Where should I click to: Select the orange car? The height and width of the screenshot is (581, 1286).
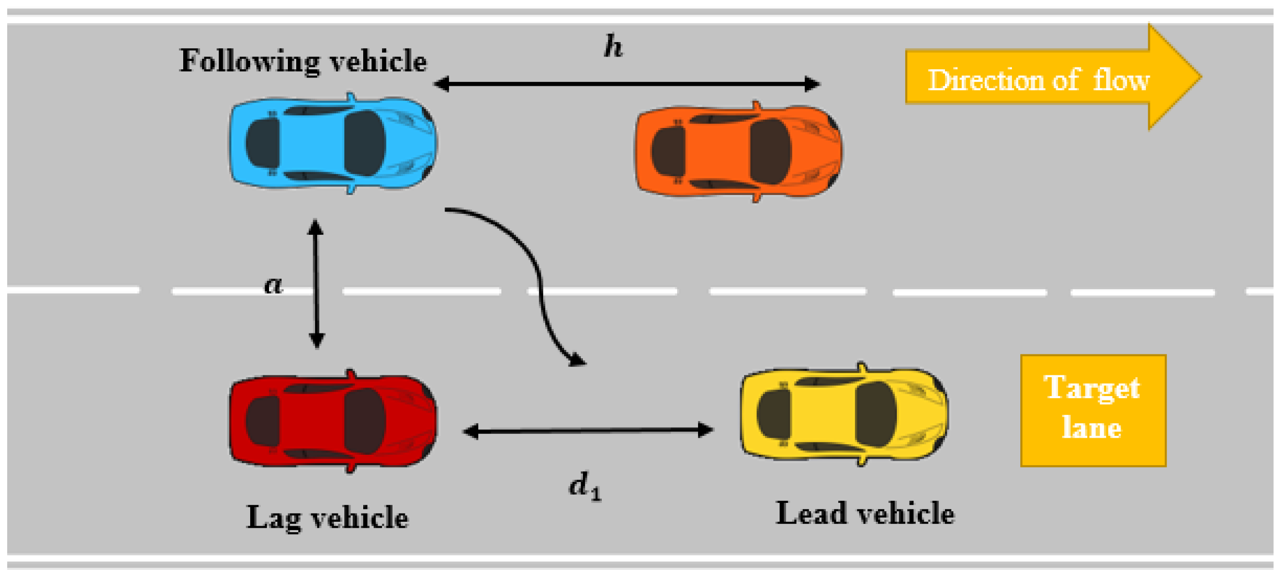pyautogui.click(x=739, y=151)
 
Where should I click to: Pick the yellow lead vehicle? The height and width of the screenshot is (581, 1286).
pyautogui.click(x=844, y=414)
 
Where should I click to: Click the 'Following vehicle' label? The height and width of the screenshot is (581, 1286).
pyautogui.click(x=303, y=60)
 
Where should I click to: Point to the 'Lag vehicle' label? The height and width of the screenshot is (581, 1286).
pyautogui.click(x=327, y=517)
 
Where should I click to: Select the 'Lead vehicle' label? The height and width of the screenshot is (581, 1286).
pyautogui.click(x=865, y=513)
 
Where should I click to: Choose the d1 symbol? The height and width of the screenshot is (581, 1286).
pyautogui.click(x=585, y=487)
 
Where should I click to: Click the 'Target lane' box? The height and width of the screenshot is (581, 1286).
pyautogui.click(x=1093, y=410)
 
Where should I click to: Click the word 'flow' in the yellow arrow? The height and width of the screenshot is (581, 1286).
pyautogui.click(x=1122, y=80)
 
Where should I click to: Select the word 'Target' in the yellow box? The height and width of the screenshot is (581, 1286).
pyautogui.click(x=1092, y=387)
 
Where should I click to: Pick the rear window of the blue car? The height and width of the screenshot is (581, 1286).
pyautogui.click(x=263, y=143)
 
